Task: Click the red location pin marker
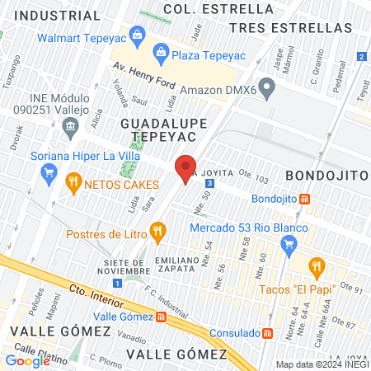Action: [x=186, y=168]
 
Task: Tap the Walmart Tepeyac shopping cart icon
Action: [x=137, y=35]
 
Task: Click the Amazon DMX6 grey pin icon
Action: [x=265, y=87]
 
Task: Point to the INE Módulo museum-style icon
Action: [x=69, y=126]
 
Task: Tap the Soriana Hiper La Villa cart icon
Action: [x=49, y=172]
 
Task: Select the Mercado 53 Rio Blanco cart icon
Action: [x=288, y=243]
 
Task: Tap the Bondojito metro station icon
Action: [x=304, y=199]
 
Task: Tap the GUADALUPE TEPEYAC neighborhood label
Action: [x=157, y=129]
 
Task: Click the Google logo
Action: [x=28, y=360]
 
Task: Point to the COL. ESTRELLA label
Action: [x=218, y=8]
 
